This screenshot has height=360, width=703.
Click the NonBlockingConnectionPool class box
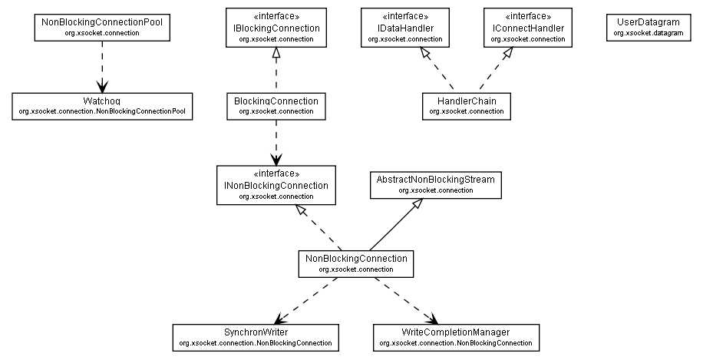click(101, 28)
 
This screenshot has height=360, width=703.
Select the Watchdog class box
click(101, 106)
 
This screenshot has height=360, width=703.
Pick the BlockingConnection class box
click(276, 106)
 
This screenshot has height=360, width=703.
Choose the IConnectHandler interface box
click(529, 28)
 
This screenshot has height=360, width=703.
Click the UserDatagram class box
click(648, 28)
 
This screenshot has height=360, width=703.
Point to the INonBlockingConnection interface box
click(276, 186)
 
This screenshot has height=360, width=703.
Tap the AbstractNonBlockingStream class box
click(435, 184)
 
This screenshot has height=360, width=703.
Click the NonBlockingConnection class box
click(356, 263)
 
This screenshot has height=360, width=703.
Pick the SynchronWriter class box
click(256, 336)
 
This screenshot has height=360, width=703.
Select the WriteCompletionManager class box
click(455, 336)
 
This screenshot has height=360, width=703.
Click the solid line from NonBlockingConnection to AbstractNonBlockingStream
click(394, 225)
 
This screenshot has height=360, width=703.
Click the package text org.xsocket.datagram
click(648, 33)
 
